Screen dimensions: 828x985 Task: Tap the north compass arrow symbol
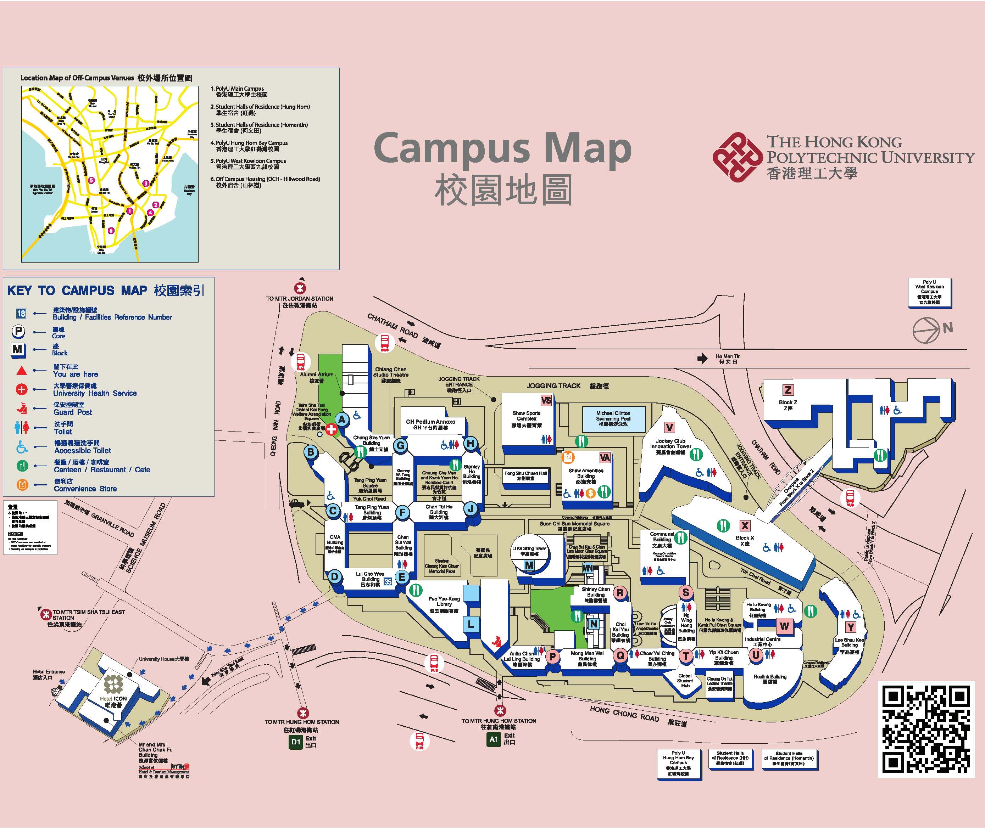[926, 330]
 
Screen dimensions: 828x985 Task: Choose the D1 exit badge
[295, 742]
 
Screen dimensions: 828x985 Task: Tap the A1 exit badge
[494, 739]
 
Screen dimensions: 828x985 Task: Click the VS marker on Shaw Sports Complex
[546, 400]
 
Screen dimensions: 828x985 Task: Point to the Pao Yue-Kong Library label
[444, 604]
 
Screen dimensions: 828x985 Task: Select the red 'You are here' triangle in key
[22, 371]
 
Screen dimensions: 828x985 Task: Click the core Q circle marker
[620, 655]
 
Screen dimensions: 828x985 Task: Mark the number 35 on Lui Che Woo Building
[388, 581]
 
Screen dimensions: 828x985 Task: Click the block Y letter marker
[850, 627]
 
